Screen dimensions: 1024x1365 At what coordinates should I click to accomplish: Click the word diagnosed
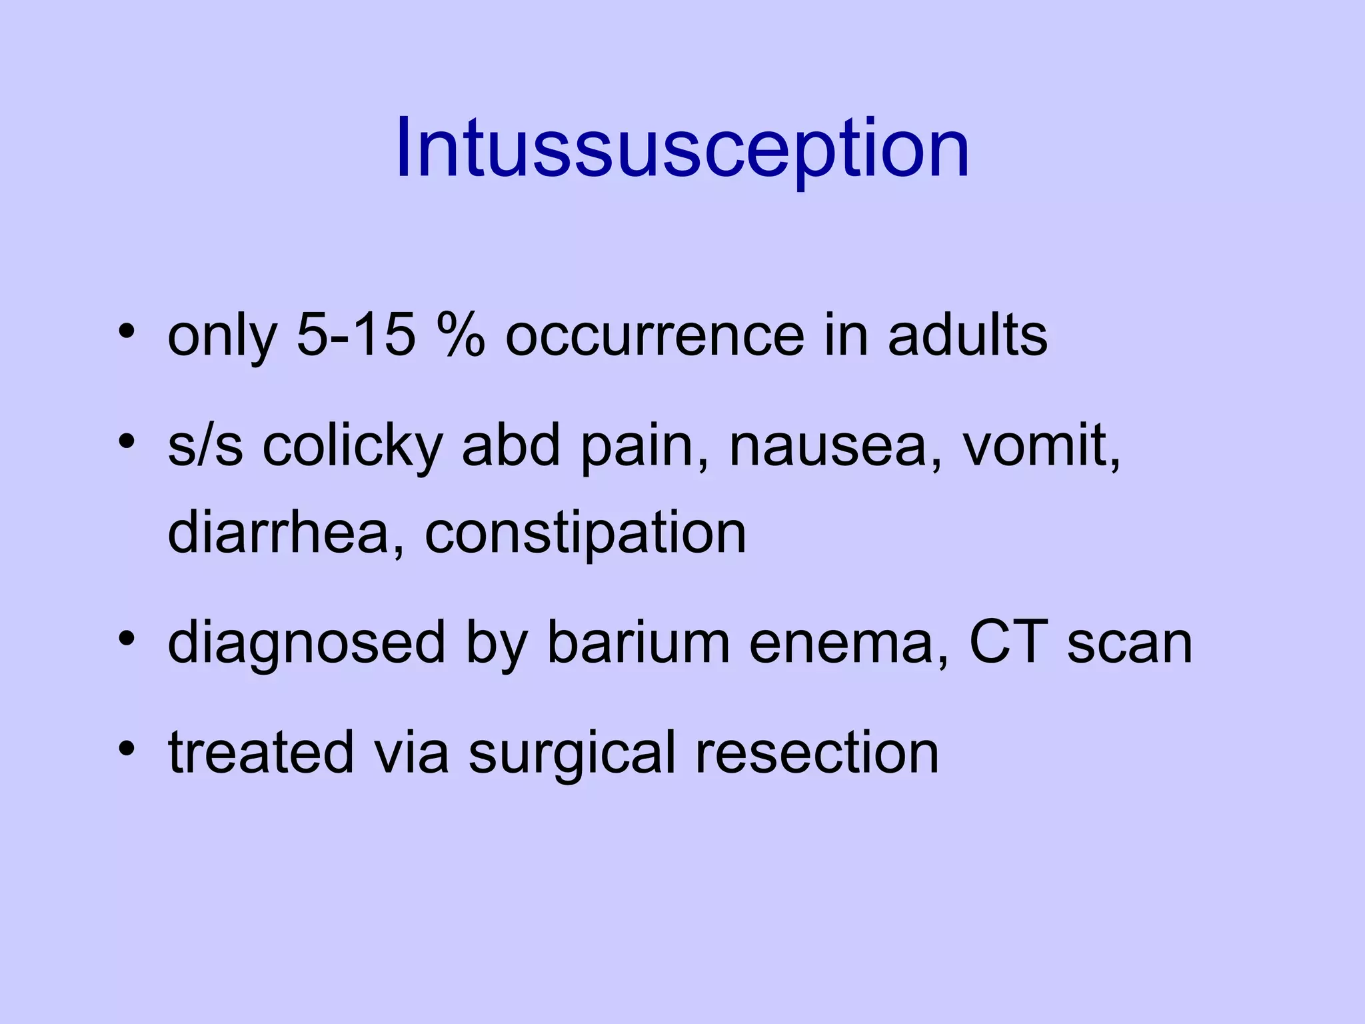[x=306, y=643]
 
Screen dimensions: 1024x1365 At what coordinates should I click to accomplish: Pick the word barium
[x=639, y=643]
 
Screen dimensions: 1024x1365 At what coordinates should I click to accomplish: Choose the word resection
[x=816, y=753]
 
